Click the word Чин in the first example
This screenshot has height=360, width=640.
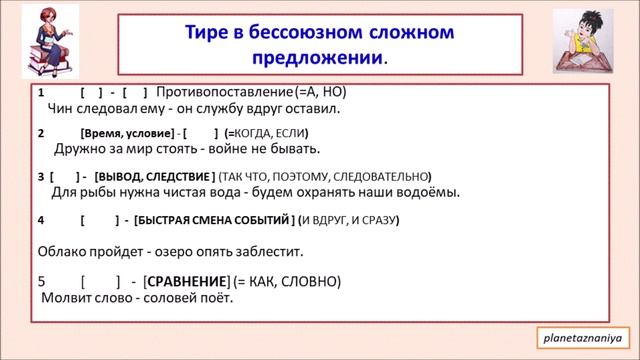[x=61, y=108]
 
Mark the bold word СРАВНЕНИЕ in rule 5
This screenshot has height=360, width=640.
[x=185, y=281]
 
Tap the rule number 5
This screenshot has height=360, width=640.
[x=41, y=281]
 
